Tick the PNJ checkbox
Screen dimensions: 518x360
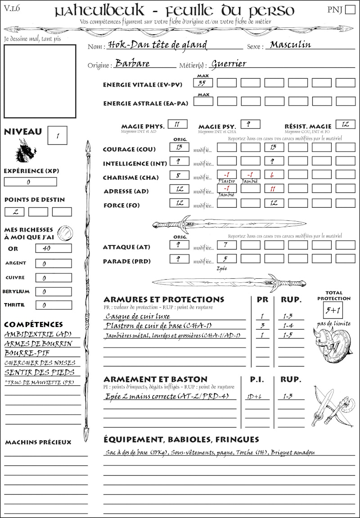click(349, 10)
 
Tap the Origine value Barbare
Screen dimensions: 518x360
click(132, 63)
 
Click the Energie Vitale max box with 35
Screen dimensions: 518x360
click(203, 83)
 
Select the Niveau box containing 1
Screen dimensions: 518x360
click(58, 135)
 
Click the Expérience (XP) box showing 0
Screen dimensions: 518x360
click(31, 182)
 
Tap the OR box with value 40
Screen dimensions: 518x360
click(47, 248)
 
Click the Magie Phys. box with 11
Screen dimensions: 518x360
click(177, 124)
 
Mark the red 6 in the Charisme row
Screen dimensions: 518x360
click(274, 175)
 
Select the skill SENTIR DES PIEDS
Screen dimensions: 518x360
click(39, 372)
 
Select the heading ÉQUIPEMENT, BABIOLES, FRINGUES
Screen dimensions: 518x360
click(181, 439)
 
